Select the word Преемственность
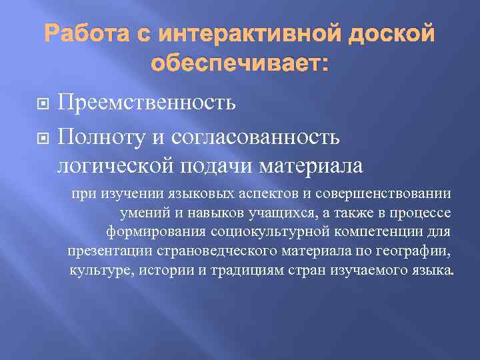pyautogui.click(x=146, y=103)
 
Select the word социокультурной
pyautogui.click(x=258, y=232)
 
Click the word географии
pyautogui.click(x=411, y=251)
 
